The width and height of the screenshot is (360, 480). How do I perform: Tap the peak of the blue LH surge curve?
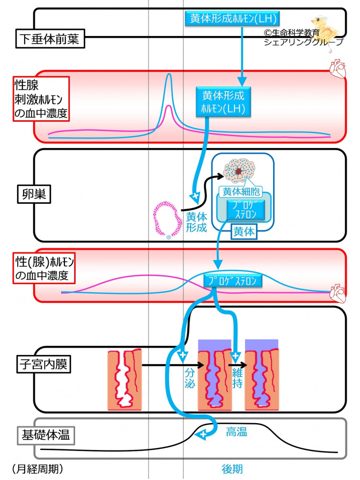point(168,75)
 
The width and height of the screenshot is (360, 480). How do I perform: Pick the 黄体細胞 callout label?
point(240,191)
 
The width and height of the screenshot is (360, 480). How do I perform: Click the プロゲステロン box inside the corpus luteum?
point(245,209)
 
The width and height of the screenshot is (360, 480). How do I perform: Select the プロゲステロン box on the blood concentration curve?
point(233,280)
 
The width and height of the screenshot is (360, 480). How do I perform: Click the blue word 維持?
point(237,379)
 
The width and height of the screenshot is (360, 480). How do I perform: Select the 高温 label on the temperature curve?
point(236,432)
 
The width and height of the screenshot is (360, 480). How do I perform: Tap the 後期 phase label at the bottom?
point(232,468)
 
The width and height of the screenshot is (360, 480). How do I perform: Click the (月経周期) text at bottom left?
point(37,468)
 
